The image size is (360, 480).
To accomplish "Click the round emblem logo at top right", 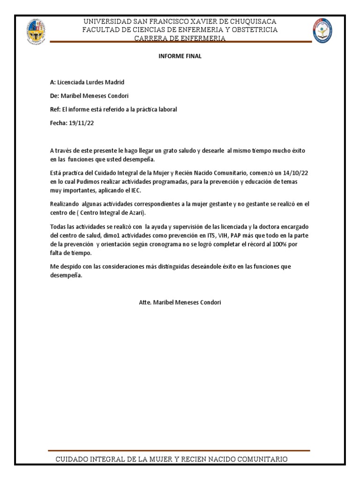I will pos(323,31).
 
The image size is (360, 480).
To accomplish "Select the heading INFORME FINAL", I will pos(180,56).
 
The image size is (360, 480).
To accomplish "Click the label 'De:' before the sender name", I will pos(54,96).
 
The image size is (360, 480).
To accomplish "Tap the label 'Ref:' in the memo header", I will pos(55,109).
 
